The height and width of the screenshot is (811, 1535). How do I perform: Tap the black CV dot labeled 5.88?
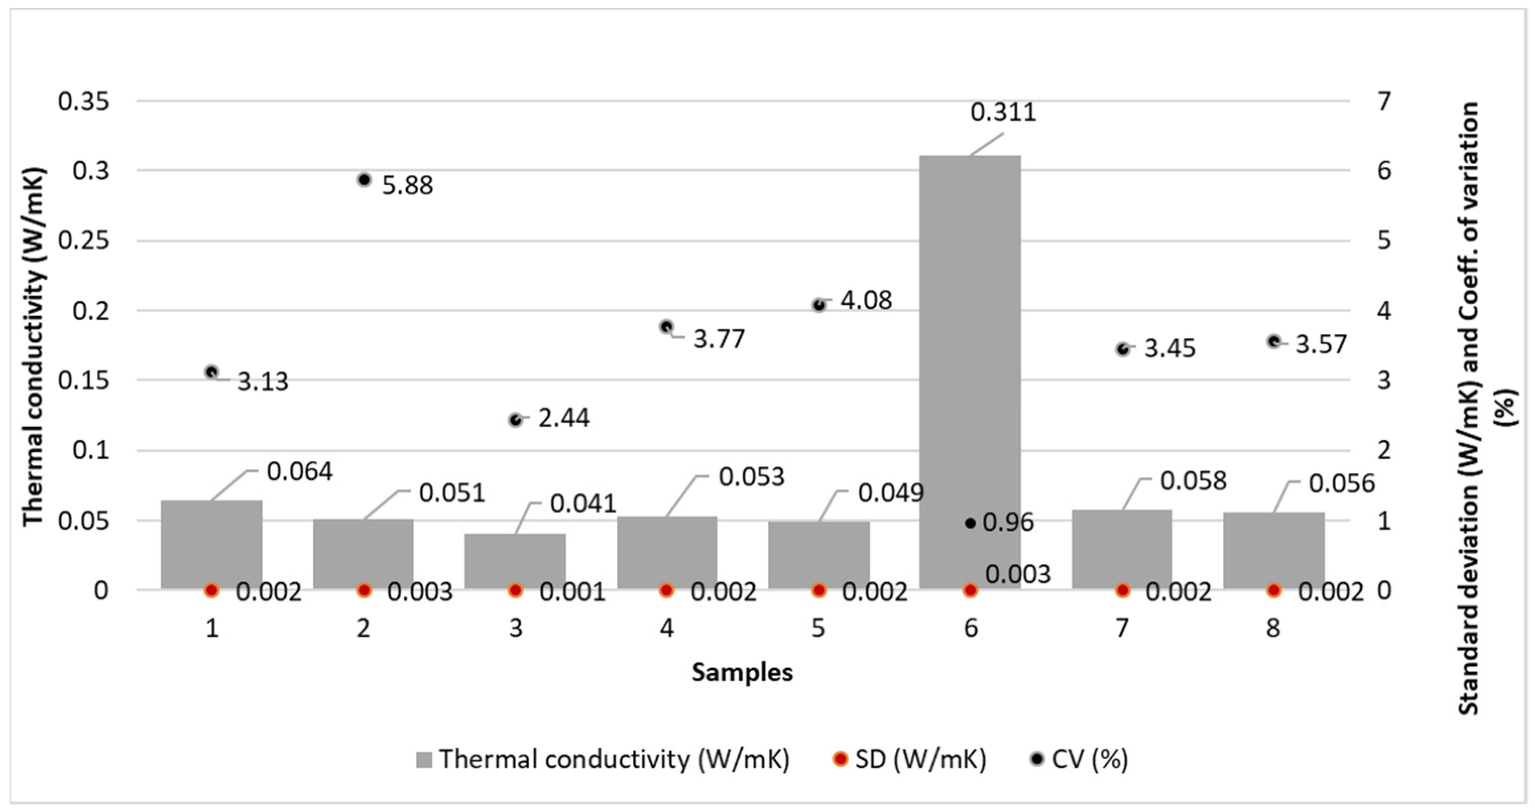pyautogui.click(x=365, y=180)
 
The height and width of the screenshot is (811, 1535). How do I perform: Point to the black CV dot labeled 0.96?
pyautogui.click(x=970, y=523)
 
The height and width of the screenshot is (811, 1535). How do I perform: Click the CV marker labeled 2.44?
pyautogui.click(x=515, y=420)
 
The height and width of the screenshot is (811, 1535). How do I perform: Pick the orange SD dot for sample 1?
pyautogui.click(x=211, y=590)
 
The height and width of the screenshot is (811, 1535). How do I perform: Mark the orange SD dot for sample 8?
pyautogui.click(x=1274, y=590)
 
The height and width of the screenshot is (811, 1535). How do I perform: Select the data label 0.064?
pyautogui.click(x=299, y=471)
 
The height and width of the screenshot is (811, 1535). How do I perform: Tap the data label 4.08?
pyautogui.click(x=866, y=300)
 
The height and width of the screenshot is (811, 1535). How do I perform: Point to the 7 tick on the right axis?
pyautogui.click(x=1384, y=101)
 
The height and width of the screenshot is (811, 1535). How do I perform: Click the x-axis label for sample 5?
pyautogui.click(x=818, y=628)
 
